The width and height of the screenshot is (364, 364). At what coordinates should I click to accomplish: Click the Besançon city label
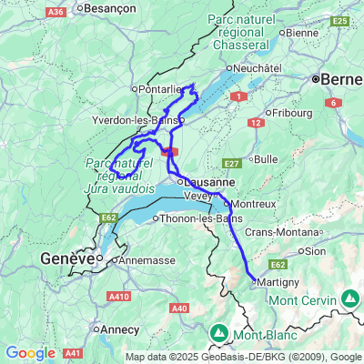click(x=110, y=7)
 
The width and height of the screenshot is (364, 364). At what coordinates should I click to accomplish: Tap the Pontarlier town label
click(x=160, y=89)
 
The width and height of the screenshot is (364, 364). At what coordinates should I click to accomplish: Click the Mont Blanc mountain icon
click(x=219, y=333)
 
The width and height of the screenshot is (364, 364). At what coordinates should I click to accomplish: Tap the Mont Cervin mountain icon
click(x=350, y=298)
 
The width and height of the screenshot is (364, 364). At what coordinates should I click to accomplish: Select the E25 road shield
click(x=341, y=19)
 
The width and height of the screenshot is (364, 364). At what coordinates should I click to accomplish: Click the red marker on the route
click(x=170, y=152)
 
